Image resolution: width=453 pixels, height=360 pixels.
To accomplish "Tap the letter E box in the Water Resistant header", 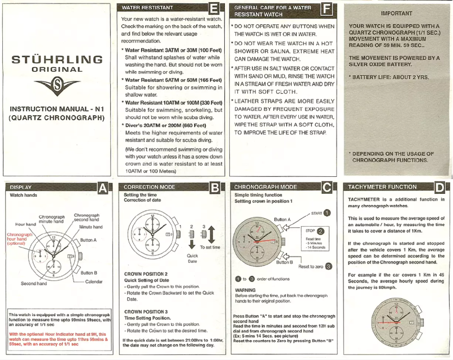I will (214, 10).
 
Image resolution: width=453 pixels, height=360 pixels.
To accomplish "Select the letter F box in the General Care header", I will (326, 10).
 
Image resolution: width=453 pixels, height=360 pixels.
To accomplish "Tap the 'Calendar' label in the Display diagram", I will (94, 281).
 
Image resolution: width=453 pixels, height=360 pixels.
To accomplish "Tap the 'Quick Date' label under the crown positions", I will (192, 258).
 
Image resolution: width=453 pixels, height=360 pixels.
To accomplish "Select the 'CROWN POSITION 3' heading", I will (146, 311).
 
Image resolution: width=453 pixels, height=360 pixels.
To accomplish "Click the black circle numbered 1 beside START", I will (328, 212).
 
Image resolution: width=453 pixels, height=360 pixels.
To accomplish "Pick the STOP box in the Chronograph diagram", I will (311, 231).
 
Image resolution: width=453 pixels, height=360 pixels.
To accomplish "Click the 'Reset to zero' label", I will (311, 266).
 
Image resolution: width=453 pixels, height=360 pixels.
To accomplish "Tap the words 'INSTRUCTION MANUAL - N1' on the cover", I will (56, 109).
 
